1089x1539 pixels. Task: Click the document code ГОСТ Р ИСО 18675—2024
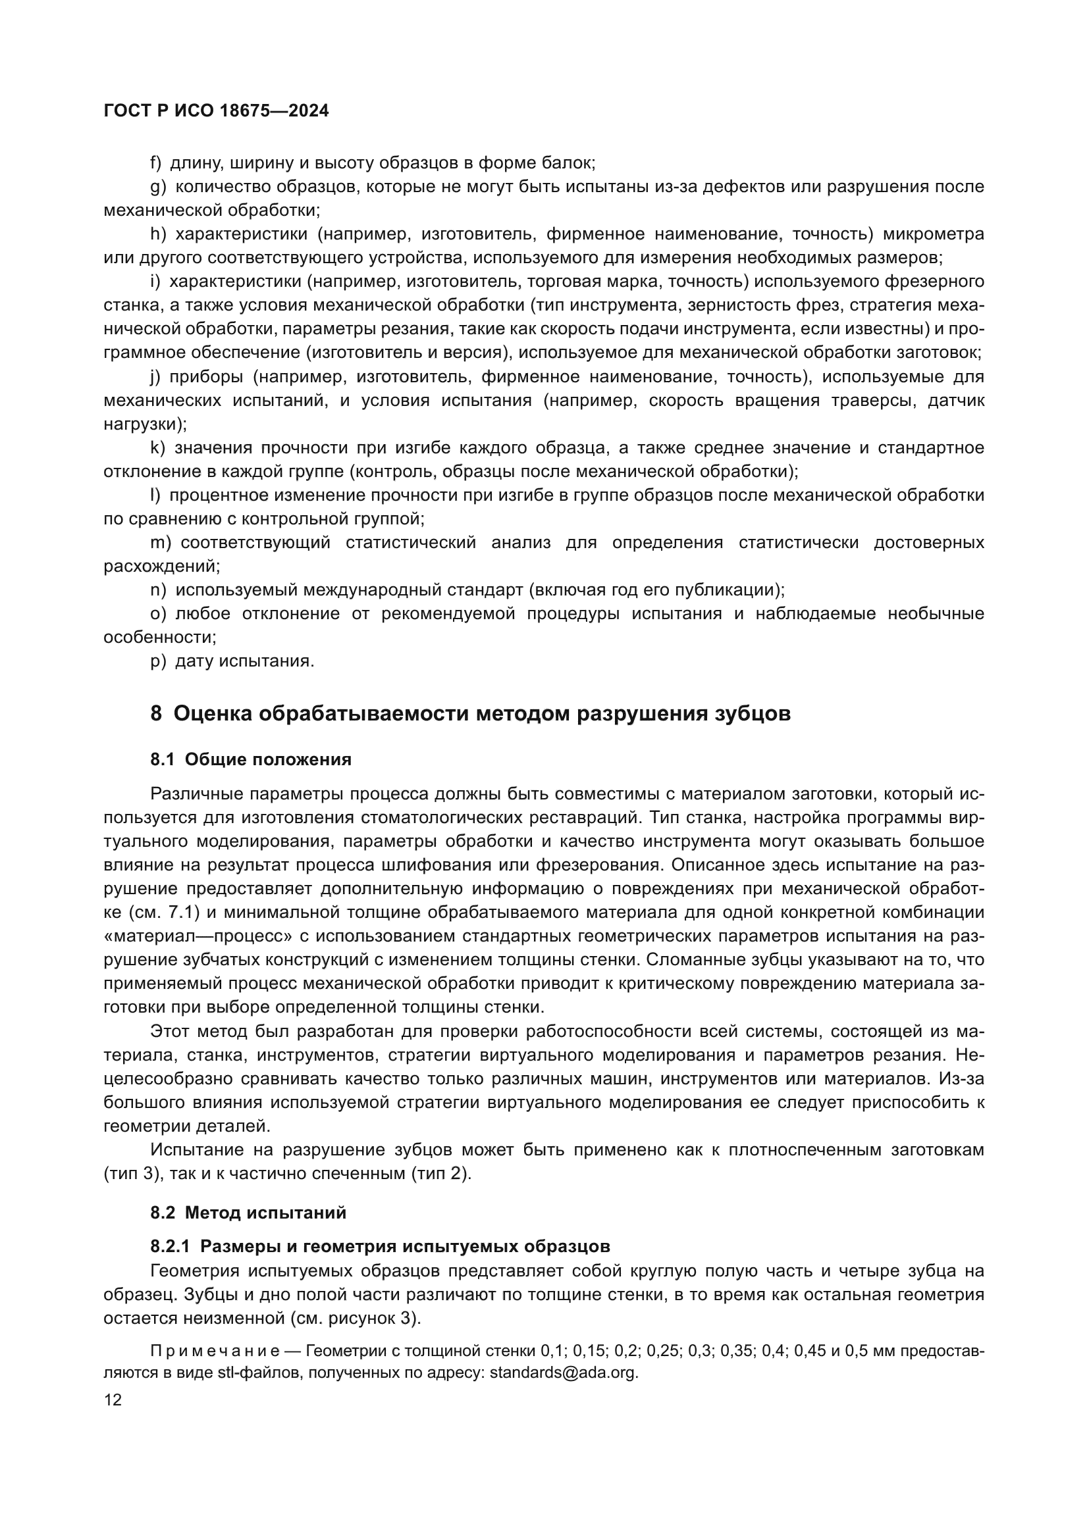coord(216,111)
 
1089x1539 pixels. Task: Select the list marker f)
coord(156,163)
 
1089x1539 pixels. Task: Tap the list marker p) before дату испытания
coord(157,661)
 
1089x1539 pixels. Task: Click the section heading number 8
coord(156,714)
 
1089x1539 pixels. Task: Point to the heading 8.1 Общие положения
coord(251,759)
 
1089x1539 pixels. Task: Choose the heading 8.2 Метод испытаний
coord(248,1213)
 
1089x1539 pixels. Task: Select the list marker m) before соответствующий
coord(161,542)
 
